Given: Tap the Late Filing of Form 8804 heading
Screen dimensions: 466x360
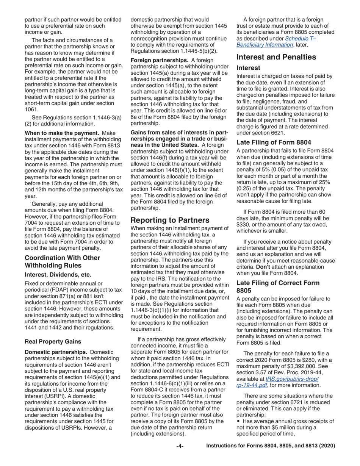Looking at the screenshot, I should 274,142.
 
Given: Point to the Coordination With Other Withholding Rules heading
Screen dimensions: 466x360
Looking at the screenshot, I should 62,261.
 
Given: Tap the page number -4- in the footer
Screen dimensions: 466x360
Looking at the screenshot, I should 180,446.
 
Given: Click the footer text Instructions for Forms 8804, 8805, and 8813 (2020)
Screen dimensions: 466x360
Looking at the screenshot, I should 271,446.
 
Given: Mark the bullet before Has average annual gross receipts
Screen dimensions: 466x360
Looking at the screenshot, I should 238,422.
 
